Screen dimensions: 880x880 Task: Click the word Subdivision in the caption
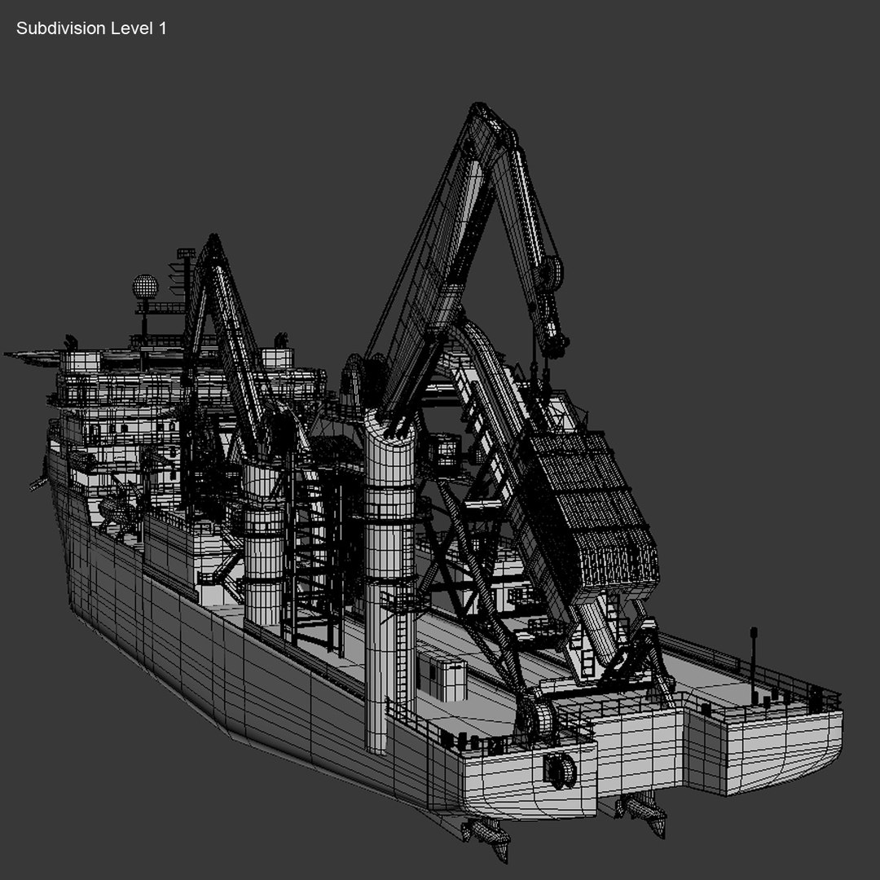(x=60, y=29)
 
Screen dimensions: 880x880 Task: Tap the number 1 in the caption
(x=162, y=29)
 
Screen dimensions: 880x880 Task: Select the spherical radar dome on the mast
(x=145, y=287)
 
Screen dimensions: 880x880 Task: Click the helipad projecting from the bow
(x=33, y=355)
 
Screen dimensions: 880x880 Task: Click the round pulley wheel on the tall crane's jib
(x=552, y=271)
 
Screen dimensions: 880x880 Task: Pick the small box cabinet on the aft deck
(x=442, y=675)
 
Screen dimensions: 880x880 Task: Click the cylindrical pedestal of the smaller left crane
(x=263, y=546)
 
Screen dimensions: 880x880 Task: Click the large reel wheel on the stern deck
(x=535, y=717)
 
